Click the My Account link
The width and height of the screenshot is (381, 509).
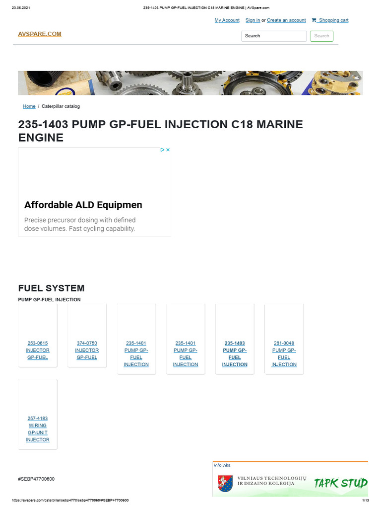pos(227,20)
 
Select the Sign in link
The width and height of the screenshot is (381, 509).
pos(253,20)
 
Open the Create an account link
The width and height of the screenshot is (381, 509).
pos(286,20)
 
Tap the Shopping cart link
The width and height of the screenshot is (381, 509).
pos(333,20)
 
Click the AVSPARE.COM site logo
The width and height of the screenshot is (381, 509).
pos(40,34)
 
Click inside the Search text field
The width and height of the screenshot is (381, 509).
pos(274,36)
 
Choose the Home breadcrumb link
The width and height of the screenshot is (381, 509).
pos(29,106)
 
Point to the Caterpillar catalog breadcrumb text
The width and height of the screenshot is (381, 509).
pos(61,106)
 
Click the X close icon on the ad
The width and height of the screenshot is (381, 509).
pos(168,150)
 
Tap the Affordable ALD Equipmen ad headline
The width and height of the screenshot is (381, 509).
pos(83,205)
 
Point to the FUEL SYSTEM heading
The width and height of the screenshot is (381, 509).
pos(51,288)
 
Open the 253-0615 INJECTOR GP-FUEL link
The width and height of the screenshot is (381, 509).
pos(38,350)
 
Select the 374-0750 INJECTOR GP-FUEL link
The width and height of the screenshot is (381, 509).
pos(87,350)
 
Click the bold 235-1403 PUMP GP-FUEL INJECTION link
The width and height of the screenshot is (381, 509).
pos(235,354)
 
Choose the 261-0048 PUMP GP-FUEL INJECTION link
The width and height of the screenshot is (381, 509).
pos(284,354)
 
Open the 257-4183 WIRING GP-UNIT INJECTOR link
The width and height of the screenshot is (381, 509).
pos(38,429)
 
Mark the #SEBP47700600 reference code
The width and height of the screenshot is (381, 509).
pos(36,479)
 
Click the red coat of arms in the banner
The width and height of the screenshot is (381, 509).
pos(223,483)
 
